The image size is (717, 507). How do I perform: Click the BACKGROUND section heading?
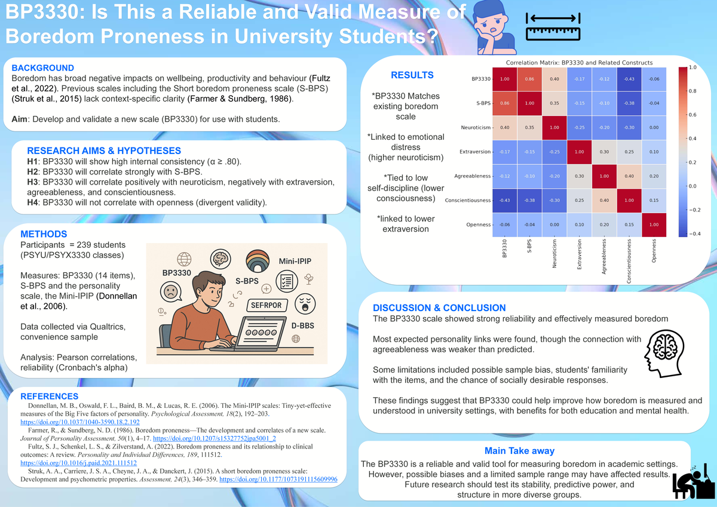click(43, 68)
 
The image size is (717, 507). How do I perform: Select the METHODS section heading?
click(44, 234)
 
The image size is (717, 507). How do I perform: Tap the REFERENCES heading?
click(50, 397)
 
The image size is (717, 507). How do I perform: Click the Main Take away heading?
click(519, 451)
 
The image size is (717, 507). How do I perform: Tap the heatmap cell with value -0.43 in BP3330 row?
click(629, 79)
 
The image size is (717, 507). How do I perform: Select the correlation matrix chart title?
click(579, 63)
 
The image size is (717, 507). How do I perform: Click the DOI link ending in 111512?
click(79, 463)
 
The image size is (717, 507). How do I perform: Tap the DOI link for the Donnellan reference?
click(80, 422)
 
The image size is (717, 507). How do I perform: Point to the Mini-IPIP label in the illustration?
click(295, 260)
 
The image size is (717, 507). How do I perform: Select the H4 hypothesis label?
click(33, 202)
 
